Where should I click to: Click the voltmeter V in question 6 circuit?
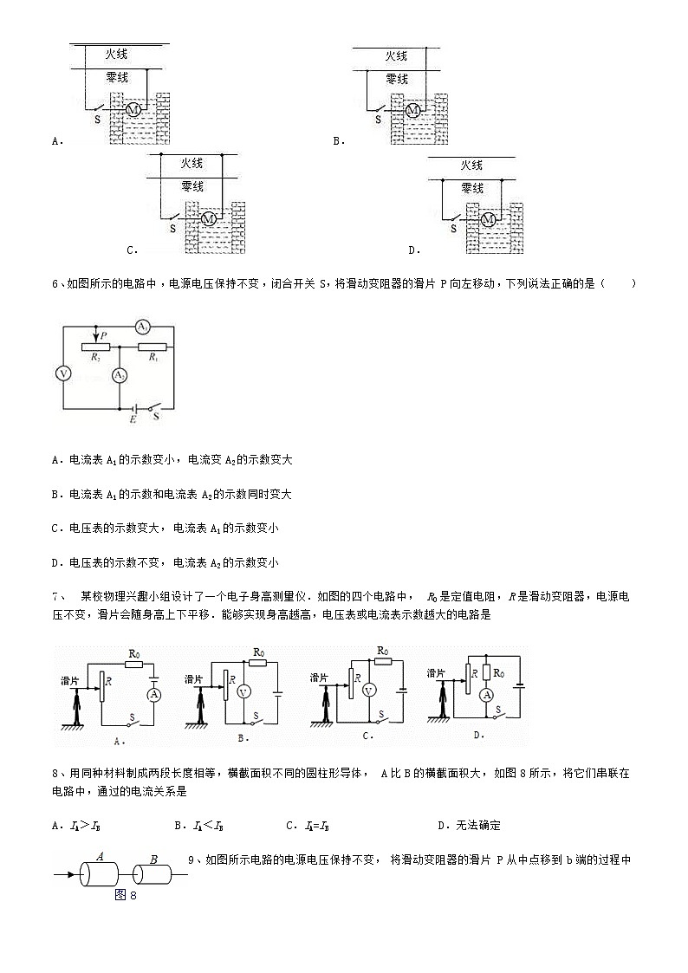pos(62,373)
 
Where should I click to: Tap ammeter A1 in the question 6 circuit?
pos(143,327)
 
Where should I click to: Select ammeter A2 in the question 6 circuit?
pos(119,375)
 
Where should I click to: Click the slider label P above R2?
pos(103,335)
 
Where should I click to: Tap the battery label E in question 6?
pos(133,419)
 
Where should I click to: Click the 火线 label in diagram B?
pos(396,55)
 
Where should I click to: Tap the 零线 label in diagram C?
pos(192,186)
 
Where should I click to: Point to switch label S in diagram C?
pos(172,229)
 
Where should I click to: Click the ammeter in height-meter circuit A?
pos(154,695)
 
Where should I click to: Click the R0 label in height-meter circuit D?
pos(498,672)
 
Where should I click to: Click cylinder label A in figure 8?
pos(101,857)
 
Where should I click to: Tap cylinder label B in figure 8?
pos(153,859)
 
